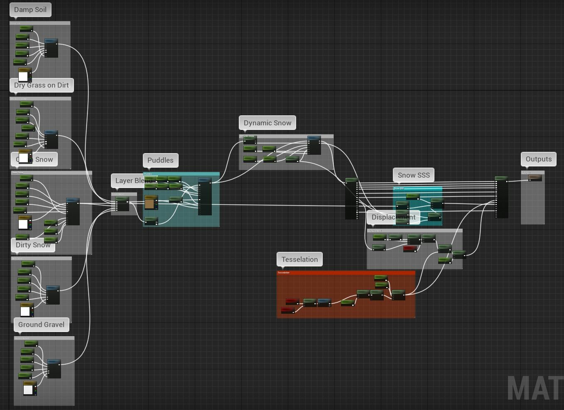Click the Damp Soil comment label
30,10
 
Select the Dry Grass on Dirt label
42,85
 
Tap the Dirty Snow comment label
33,245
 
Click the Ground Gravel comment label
41,325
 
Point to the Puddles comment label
160,160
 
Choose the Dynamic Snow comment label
267,123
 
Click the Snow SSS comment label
414,175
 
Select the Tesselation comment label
299,259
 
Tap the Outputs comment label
539,159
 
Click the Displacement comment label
393,217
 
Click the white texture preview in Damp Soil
23,76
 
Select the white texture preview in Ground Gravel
28,390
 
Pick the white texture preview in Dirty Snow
25,311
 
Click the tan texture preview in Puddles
150,204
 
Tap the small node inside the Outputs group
535,178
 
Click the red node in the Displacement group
410,249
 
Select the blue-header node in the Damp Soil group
51,48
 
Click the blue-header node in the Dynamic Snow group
314,145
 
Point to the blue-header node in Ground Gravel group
54,369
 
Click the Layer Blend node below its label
122,204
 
